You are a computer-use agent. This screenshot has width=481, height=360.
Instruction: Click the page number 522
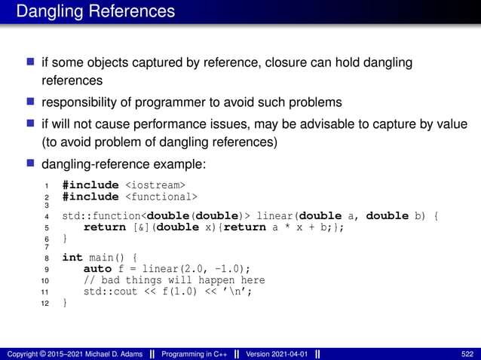click(x=467, y=353)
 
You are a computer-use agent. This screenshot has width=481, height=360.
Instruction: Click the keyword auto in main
click(x=97, y=269)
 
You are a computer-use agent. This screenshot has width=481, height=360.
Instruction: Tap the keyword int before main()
click(x=72, y=258)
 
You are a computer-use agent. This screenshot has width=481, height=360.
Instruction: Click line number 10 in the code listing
click(x=44, y=281)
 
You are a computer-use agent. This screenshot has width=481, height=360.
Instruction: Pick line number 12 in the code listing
click(x=44, y=304)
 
